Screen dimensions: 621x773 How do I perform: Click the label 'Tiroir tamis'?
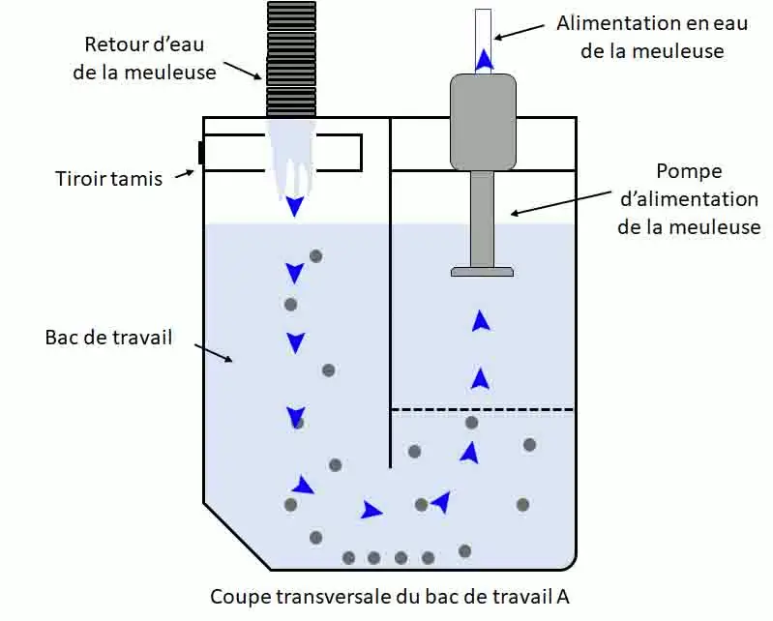point(109,178)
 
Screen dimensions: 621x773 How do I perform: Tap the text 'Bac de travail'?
point(108,338)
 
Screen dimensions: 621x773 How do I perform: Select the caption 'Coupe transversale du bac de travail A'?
point(397,596)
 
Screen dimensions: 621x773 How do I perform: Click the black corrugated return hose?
point(291,58)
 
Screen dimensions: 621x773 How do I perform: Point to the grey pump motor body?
point(483,121)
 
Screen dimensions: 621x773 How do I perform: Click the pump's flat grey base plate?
point(482,272)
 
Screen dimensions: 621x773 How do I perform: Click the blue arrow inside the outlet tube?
point(483,60)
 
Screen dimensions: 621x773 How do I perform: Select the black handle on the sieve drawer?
point(200,153)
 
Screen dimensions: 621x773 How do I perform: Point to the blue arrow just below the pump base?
point(480,321)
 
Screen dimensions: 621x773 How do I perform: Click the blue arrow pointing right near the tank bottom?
point(371,510)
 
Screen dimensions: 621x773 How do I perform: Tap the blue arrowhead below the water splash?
point(294,206)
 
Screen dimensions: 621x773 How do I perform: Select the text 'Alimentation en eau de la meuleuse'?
point(652,37)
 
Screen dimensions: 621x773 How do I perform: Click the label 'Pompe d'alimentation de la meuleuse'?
point(689,199)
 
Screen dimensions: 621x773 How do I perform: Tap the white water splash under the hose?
point(290,160)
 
